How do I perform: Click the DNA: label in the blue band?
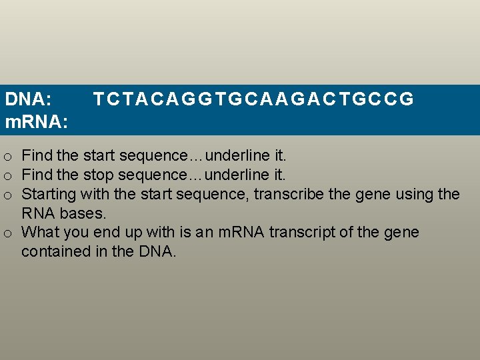(x=29, y=99)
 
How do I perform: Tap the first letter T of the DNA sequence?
(x=98, y=99)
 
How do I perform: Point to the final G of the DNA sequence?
(x=408, y=99)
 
